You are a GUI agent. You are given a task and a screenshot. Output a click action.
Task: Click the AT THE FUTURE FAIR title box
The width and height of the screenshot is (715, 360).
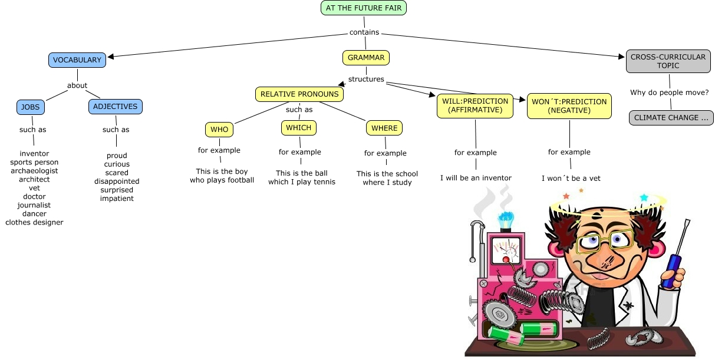[x=364, y=8]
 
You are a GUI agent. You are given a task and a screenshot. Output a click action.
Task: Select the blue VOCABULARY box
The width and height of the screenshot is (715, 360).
[x=77, y=60]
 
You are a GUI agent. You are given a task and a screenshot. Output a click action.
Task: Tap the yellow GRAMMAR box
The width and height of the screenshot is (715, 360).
[x=365, y=58]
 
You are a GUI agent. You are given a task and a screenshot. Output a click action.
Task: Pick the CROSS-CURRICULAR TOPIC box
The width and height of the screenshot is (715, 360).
[x=668, y=61]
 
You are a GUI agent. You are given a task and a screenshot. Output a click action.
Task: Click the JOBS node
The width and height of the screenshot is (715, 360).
[x=31, y=107]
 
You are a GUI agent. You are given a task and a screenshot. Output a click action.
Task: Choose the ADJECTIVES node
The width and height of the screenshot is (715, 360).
[x=116, y=107]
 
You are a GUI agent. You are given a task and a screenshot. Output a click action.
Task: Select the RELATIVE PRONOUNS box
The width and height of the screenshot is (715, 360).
[x=299, y=94]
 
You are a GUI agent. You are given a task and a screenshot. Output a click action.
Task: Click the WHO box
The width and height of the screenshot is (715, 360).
[x=219, y=129]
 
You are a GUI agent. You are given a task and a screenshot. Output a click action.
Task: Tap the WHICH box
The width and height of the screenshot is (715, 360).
[x=299, y=127]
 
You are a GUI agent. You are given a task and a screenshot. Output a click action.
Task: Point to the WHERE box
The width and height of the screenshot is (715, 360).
[x=385, y=128]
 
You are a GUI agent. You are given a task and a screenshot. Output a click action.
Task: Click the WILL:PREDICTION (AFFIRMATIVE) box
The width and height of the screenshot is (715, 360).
[x=475, y=105]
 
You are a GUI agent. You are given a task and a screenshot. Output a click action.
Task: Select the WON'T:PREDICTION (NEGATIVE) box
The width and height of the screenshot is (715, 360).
[x=569, y=105]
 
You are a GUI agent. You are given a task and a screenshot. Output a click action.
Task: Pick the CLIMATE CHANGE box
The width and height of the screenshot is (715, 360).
[x=671, y=118]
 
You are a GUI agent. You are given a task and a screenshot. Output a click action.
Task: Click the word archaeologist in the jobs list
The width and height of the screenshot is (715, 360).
[x=34, y=171]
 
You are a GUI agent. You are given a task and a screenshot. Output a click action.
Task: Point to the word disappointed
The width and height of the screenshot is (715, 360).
[x=117, y=181]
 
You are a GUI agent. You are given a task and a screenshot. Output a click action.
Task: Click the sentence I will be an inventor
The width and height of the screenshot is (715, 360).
[x=476, y=178]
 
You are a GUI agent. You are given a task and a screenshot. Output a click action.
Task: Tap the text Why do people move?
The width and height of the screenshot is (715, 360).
[x=669, y=93]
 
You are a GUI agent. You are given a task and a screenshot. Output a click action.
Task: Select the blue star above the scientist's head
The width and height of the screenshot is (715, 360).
[x=644, y=197]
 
